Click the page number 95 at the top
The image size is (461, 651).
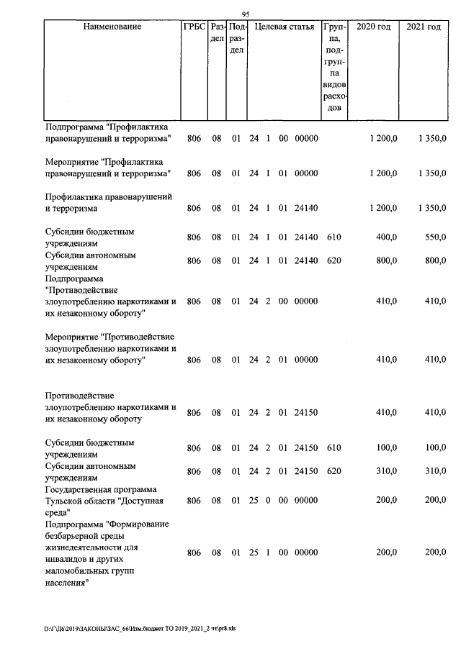[245, 14]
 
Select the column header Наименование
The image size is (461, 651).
[112, 27]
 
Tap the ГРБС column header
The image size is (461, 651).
[194, 27]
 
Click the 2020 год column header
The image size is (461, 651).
[374, 27]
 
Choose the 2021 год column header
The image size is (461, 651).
[423, 27]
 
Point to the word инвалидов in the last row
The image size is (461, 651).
[66, 558]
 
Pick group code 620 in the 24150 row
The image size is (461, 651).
[333, 471]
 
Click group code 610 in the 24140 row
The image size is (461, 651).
[333, 237]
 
